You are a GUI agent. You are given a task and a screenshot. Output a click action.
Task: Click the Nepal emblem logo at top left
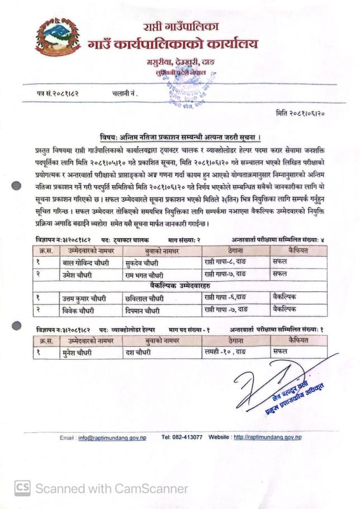58,37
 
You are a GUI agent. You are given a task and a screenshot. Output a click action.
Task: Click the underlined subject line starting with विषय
182,137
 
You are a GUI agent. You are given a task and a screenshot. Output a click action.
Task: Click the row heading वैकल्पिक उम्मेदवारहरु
181,286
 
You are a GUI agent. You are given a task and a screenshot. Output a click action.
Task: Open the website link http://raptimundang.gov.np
267,436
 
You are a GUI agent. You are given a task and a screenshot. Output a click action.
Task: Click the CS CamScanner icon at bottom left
22,488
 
